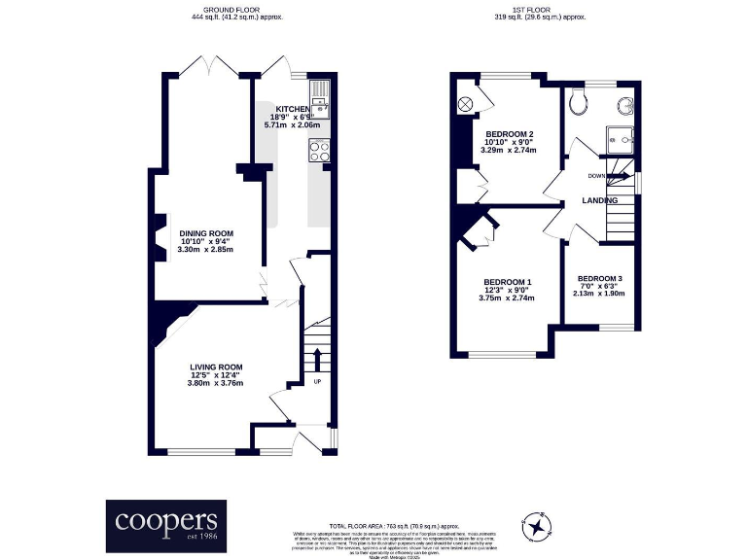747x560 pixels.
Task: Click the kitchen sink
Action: pyautogui.click(x=320, y=98)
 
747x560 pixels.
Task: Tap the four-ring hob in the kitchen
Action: pyautogui.click(x=319, y=150)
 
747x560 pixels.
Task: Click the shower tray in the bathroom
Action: pyautogui.click(x=619, y=139)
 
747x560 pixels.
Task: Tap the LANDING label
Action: pyautogui.click(x=599, y=200)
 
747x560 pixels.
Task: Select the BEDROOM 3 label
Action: pyautogui.click(x=599, y=278)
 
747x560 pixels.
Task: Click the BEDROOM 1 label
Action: pyautogui.click(x=508, y=281)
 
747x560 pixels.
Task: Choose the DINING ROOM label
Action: pyautogui.click(x=206, y=233)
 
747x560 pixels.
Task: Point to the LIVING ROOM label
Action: pyautogui.click(x=216, y=367)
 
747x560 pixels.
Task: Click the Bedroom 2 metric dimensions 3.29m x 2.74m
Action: pyautogui.click(x=510, y=151)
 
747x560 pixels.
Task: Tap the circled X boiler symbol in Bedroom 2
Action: pyautogui.click(x=465, y=103)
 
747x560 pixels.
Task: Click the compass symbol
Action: pyautogui.click(x=535, y=526)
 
